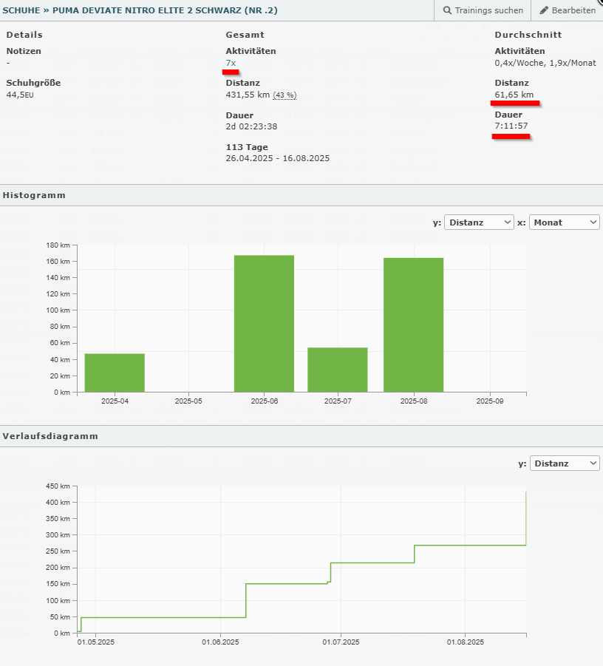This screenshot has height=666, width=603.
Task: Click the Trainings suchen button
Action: click(483, 10)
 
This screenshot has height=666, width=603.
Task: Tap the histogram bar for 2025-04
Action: click(115, 373)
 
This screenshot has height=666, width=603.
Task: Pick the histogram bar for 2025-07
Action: click(337, 369)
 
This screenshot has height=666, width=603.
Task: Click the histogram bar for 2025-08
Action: click(413, 324)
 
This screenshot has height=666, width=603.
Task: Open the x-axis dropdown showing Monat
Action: click(565, 222)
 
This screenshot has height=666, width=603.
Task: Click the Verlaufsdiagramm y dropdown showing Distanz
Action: click(565, 463)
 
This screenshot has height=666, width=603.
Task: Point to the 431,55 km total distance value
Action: click(248, 95)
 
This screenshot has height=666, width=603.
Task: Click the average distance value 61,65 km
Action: click(514, 95)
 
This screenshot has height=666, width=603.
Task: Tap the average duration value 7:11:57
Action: click(511, 126)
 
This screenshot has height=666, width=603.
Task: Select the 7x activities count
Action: click(231, 63)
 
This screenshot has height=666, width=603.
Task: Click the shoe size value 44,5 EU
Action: click(20, 95)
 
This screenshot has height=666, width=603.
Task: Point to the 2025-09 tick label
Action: click(488, 401)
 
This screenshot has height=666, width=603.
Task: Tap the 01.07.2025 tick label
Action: click(341, 643)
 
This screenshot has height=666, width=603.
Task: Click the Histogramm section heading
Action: click(34, 195)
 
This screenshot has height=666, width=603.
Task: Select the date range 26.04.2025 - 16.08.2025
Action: click(277, 158)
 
